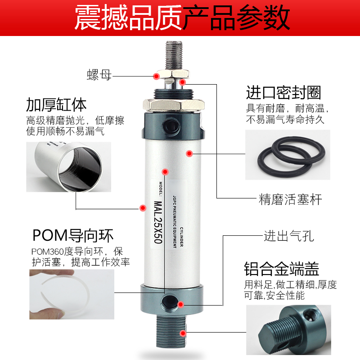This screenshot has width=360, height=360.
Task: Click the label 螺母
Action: click(x=99, y=75)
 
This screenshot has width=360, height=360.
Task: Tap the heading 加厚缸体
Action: click(x=56, y=105)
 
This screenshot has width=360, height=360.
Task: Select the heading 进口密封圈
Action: click(x=283, y=93)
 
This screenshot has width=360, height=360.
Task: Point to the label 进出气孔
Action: click(x=288, y=236)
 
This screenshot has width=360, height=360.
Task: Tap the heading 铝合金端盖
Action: click(x=282, y=269)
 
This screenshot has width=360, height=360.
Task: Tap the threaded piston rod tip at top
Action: click(x=175, y=54)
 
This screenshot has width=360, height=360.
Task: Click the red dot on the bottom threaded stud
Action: click(x=183, y=333)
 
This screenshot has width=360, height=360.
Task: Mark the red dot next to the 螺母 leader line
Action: click(x=156, y=76)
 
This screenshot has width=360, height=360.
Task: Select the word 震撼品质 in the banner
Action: click(x=128, y=18)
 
